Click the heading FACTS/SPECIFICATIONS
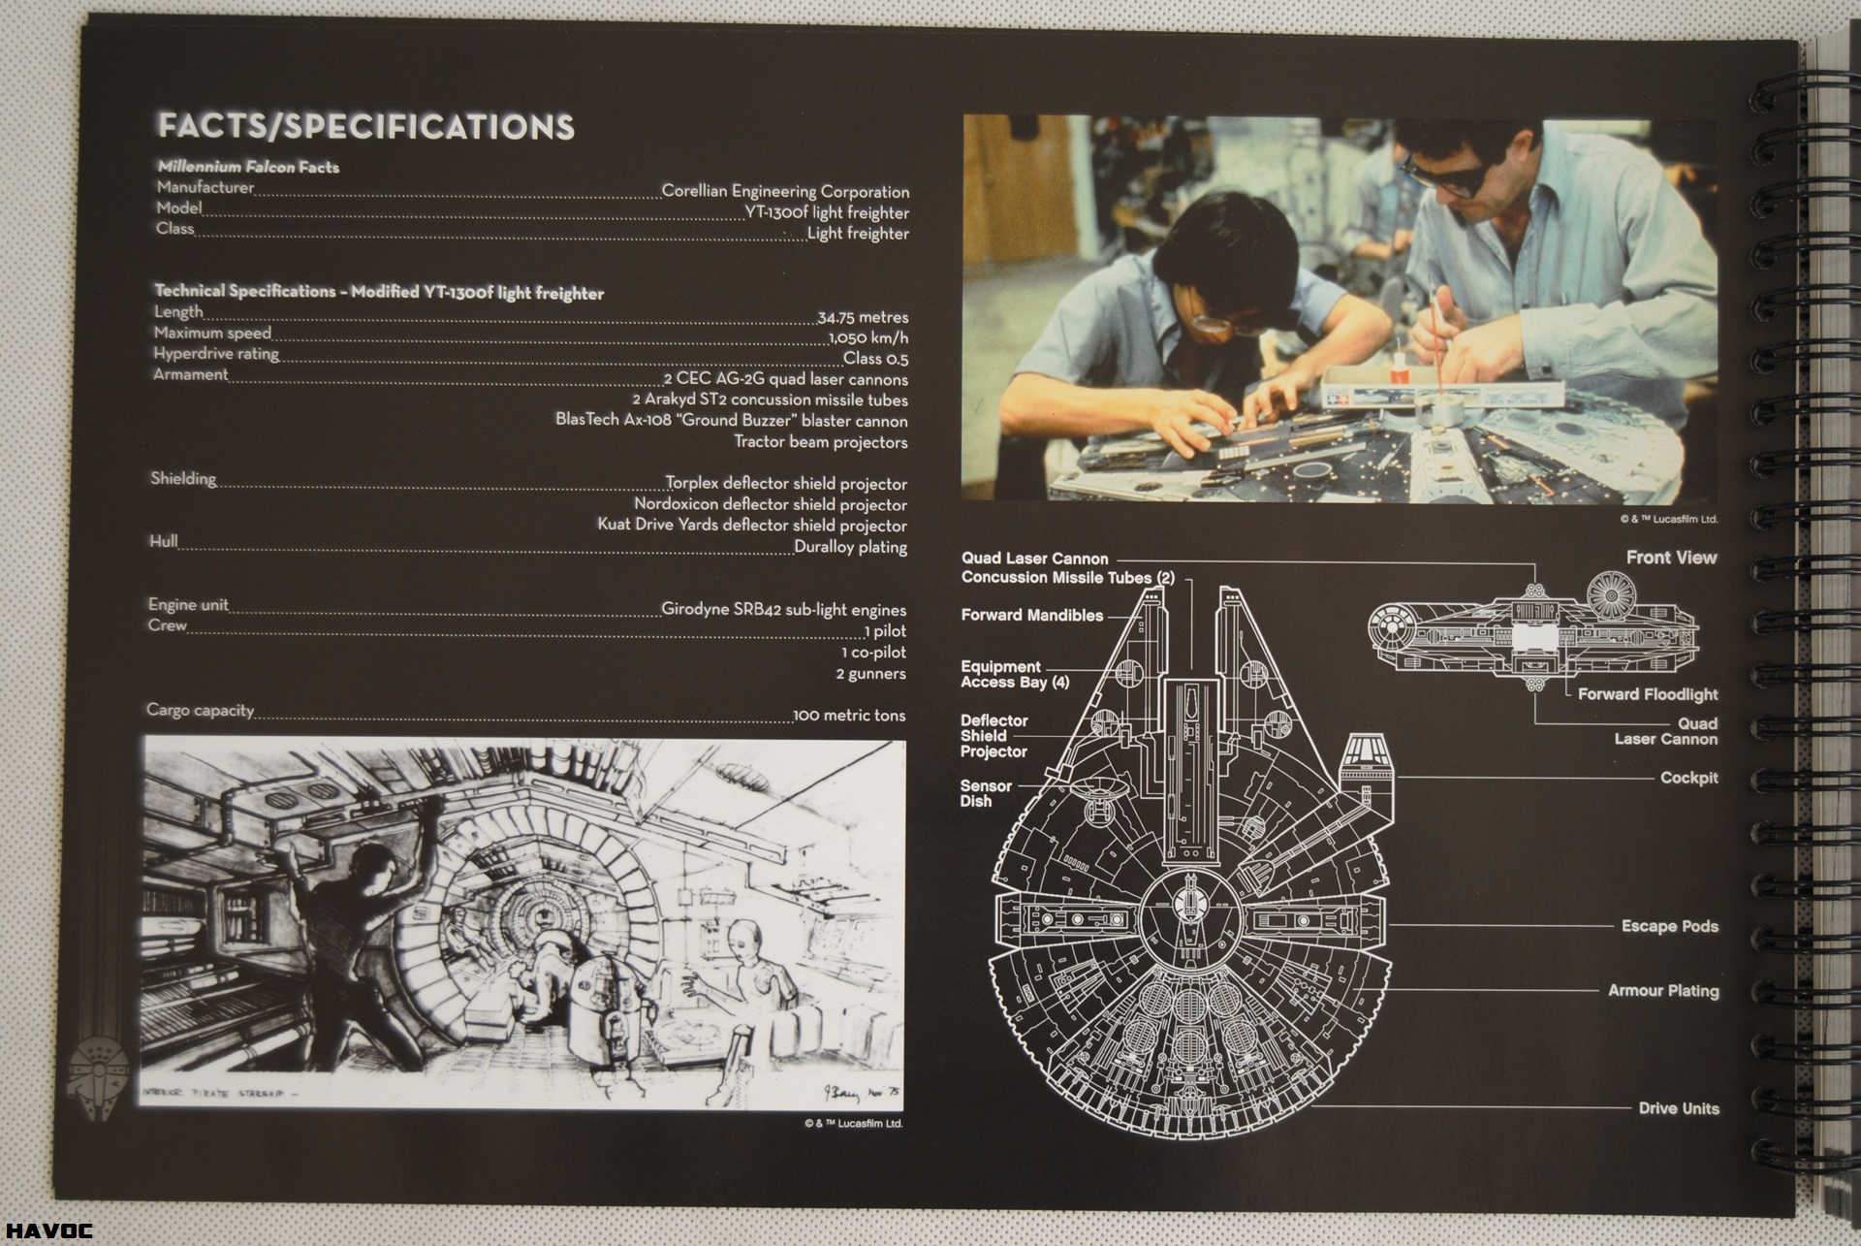[x=366, y=127]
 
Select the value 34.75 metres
[x=863, y=317]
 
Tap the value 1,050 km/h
[x=868, y=338]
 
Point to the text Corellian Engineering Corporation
[x=785, y=191]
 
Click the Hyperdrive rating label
[x=216, y=354]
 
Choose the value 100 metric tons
[x=849, y=716]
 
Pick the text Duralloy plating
[x=850, y=547]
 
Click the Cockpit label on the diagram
[x=1688, y=778]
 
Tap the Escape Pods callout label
[x=1669, y=926]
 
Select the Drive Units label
[x=1679, y=1108]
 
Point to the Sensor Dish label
[x=986, y=793]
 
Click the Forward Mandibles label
[x=1031, y=615]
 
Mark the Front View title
[x=1671, y=558]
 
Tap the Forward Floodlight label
[x=1647, y=694]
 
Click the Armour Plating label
[x=1663, y=990]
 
